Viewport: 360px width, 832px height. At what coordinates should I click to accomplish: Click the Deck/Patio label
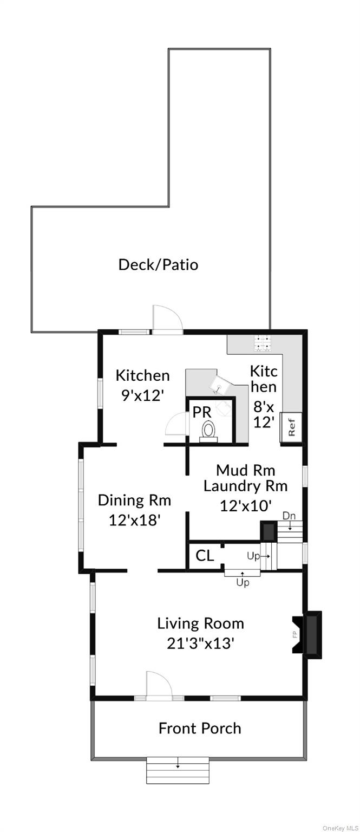pos(158,265)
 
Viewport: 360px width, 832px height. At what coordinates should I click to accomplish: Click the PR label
pos(202,412)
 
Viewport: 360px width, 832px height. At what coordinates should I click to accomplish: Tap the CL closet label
pos(205,556)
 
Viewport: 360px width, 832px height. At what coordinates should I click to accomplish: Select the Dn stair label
pos(290,516)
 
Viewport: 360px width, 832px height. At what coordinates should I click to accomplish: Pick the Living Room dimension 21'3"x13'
pos(200,643)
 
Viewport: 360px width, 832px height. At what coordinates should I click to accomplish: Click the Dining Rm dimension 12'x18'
pos(134,520)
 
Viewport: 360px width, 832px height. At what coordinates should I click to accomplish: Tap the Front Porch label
pos(200,729)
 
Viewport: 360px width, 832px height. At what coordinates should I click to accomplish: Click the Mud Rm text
pos(245,470)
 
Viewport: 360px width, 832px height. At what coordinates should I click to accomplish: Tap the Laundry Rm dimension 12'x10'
pos(245,506)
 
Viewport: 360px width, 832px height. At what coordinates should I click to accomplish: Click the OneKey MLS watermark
pos(340,828)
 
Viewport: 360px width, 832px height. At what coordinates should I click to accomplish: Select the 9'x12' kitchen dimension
pos(142,395)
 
